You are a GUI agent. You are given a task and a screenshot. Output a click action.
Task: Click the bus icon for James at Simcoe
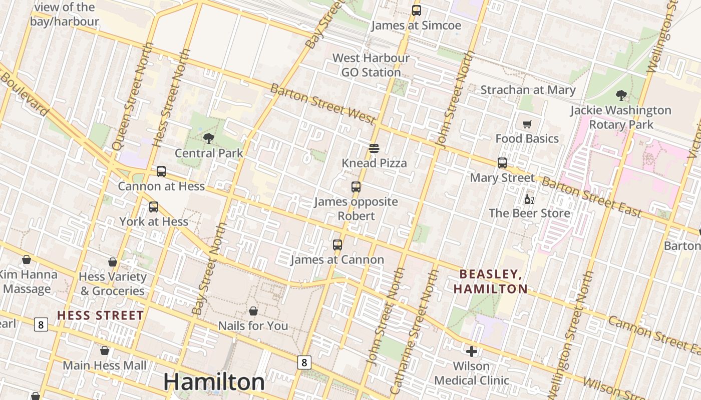(x=416, y=10)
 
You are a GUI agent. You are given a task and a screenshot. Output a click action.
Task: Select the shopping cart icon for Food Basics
(x=527, y=124)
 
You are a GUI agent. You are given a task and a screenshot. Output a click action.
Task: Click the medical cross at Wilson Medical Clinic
(x=471, y=351)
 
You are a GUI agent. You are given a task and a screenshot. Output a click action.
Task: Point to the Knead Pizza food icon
(x=374, y=148)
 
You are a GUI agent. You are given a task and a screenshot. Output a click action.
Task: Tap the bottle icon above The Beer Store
(x=529, y=199)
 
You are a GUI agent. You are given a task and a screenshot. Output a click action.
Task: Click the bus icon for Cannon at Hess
(x=161, y=171)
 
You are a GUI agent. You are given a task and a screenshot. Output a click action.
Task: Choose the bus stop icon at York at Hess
(x=154, y=206)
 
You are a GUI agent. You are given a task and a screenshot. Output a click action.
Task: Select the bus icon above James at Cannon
(x=337, y=245)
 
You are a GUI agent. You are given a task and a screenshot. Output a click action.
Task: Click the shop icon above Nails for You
(x=253, y=311)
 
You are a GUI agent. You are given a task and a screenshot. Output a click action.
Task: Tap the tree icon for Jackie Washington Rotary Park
(x=621, y=95)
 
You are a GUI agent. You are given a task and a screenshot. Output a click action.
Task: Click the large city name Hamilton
(x=214, y=382)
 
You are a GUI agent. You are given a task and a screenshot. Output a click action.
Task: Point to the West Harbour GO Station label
(x=371, y=65)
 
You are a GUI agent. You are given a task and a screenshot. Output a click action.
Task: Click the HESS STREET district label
(x=100, y=315)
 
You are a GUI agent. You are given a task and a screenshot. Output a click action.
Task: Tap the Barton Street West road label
(x=323, y=104)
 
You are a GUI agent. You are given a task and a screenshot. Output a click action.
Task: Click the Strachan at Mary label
(x=528, y=90)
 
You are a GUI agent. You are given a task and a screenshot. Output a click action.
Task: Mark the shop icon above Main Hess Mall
(x=105, y=350)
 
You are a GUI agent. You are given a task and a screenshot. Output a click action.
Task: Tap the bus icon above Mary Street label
(x=502, y=163)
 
